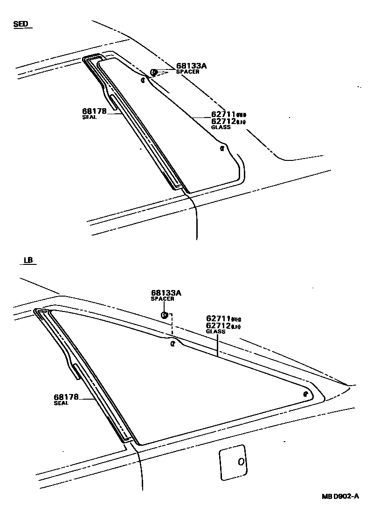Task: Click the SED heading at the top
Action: pos(21,24)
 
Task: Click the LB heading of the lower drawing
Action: pos(28,261)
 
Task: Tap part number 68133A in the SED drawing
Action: pos(191,66)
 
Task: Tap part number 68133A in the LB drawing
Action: pos(166,293)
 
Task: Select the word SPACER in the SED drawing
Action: pos(187,72)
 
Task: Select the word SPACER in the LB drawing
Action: pos(162,299)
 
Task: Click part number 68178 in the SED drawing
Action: pos(94,111)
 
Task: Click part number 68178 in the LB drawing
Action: pos(66,397)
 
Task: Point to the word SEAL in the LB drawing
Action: pos(61,403)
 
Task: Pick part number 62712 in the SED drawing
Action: pos(224,121)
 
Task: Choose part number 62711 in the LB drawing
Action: pos(218,319)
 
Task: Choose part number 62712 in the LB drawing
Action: pos(218,326)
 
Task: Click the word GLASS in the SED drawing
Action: pos(221,127)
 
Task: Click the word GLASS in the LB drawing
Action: pos(215,332)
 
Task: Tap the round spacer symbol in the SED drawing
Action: pos(153,72)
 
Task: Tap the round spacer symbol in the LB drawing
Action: pos(164,315)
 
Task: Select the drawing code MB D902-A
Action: pos(339,497)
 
